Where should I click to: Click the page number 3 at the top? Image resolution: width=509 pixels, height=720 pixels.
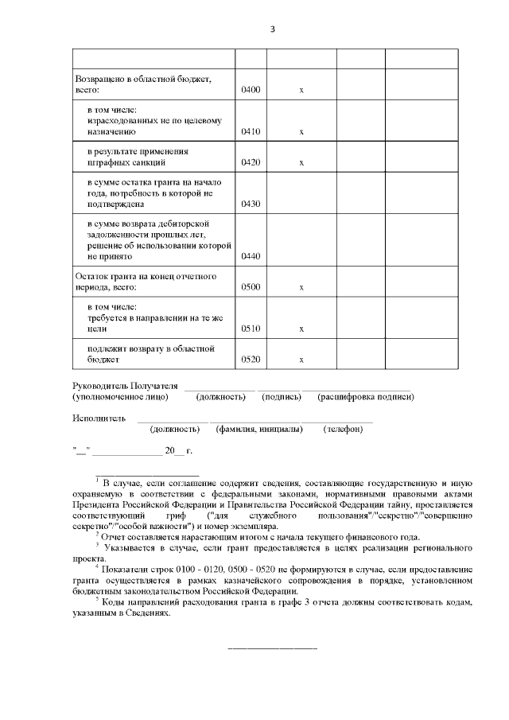[272, 29]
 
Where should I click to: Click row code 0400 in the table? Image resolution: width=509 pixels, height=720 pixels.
[251, 90]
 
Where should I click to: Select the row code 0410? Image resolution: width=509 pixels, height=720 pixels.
[251, 131]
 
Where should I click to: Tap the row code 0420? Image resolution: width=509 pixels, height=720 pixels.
[251, 162]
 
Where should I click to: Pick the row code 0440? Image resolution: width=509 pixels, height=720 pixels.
[251, 256]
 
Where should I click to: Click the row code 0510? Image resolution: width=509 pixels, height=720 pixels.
[251, 328]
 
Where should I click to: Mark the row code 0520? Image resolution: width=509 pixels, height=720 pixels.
[251, 360]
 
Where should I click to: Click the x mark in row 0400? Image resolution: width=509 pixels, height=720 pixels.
[301, 90]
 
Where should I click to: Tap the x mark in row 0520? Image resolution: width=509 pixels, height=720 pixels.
[301, 360]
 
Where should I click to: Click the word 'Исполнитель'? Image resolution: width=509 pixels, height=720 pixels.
[99, 418]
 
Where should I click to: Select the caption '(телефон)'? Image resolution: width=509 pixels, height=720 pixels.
[343, 430]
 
